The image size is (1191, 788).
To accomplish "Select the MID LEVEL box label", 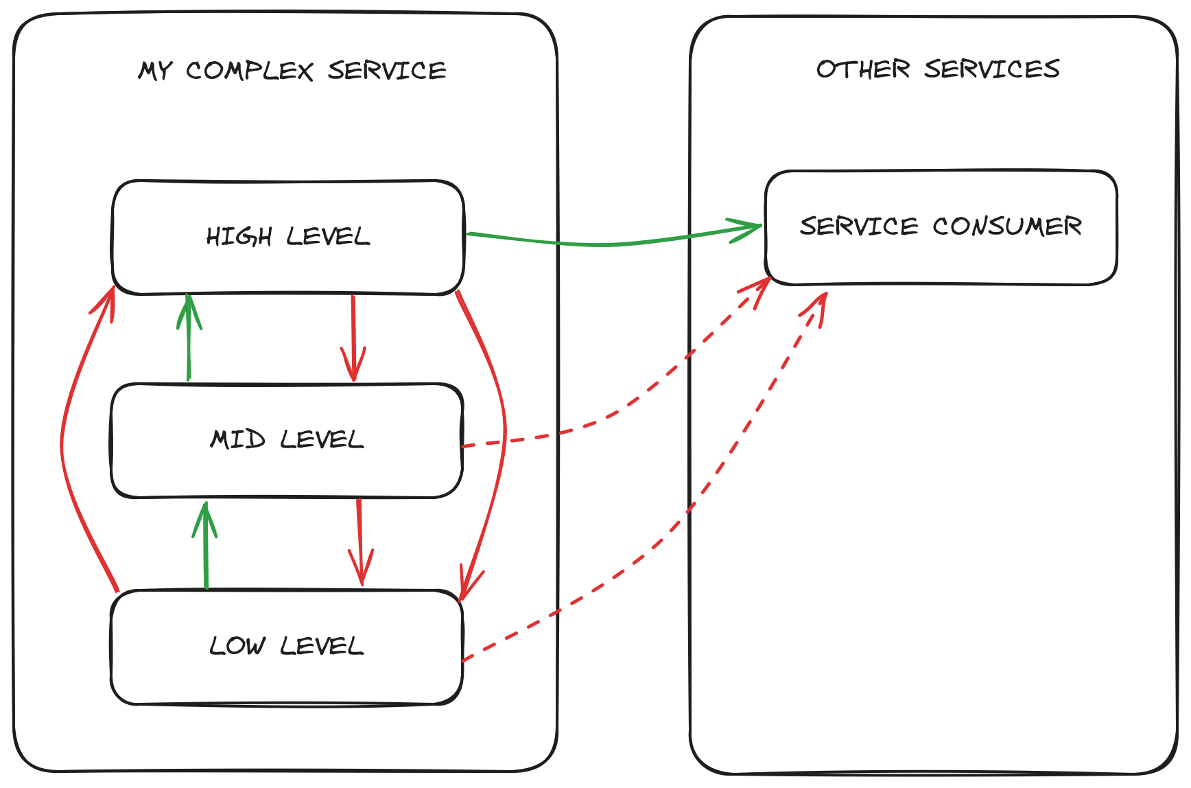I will (287, 439).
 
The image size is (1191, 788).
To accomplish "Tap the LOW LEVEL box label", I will (287, 646).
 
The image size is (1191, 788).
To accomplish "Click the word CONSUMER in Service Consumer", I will (1006, 227).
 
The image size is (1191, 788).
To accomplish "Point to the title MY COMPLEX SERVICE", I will (292, 71).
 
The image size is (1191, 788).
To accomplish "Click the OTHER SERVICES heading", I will (938, 69).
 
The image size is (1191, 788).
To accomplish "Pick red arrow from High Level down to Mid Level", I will (353, 336).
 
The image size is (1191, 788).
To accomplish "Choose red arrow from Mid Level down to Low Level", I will (359, 542).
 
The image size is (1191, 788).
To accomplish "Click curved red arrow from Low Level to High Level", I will (63, 439).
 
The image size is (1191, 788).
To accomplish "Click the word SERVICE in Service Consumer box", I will (858, 227).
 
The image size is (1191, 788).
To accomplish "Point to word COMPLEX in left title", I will (250, 71).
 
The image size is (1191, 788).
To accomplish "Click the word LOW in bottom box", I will (237, 646).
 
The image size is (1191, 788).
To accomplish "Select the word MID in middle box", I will (237, 439).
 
